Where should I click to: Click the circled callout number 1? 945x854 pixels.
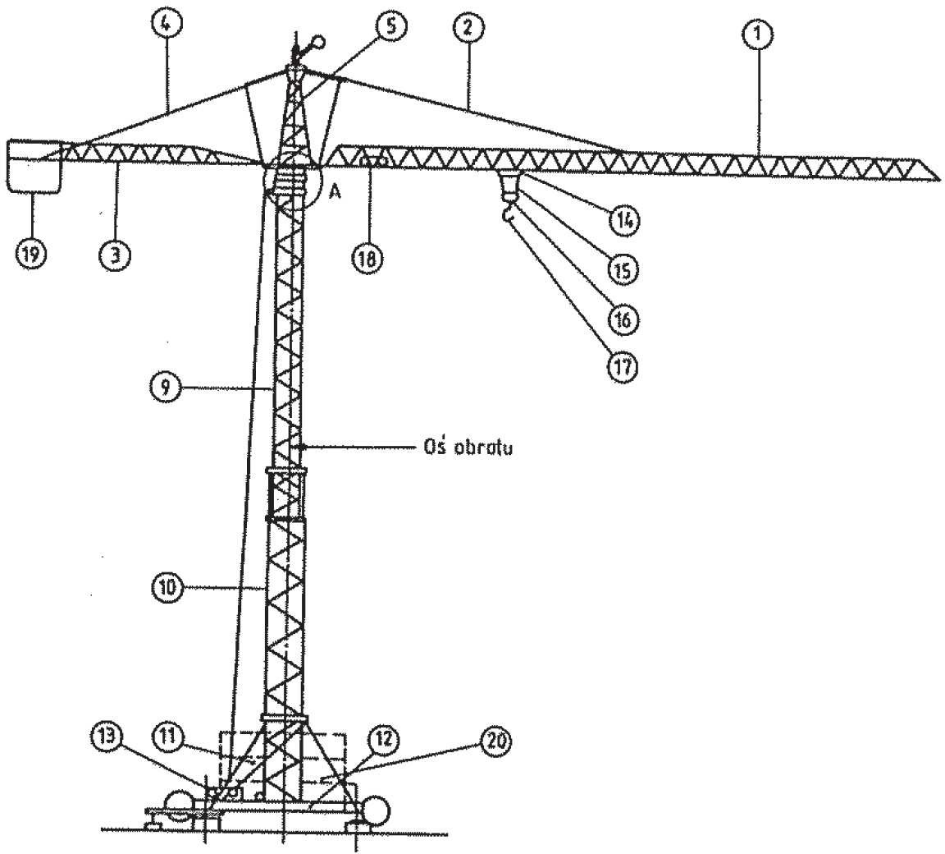coord(759,34)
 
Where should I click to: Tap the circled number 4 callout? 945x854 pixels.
coord(167,25)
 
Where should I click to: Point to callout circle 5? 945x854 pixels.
coord(390,26)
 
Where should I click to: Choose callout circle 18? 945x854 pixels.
coord(367,259)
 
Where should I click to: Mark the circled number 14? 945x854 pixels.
coord(623,221)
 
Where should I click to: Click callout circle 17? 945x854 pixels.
coord(623,365)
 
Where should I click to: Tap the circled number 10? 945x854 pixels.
coord(167,586)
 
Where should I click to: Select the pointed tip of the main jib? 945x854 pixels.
coord(939,178)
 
